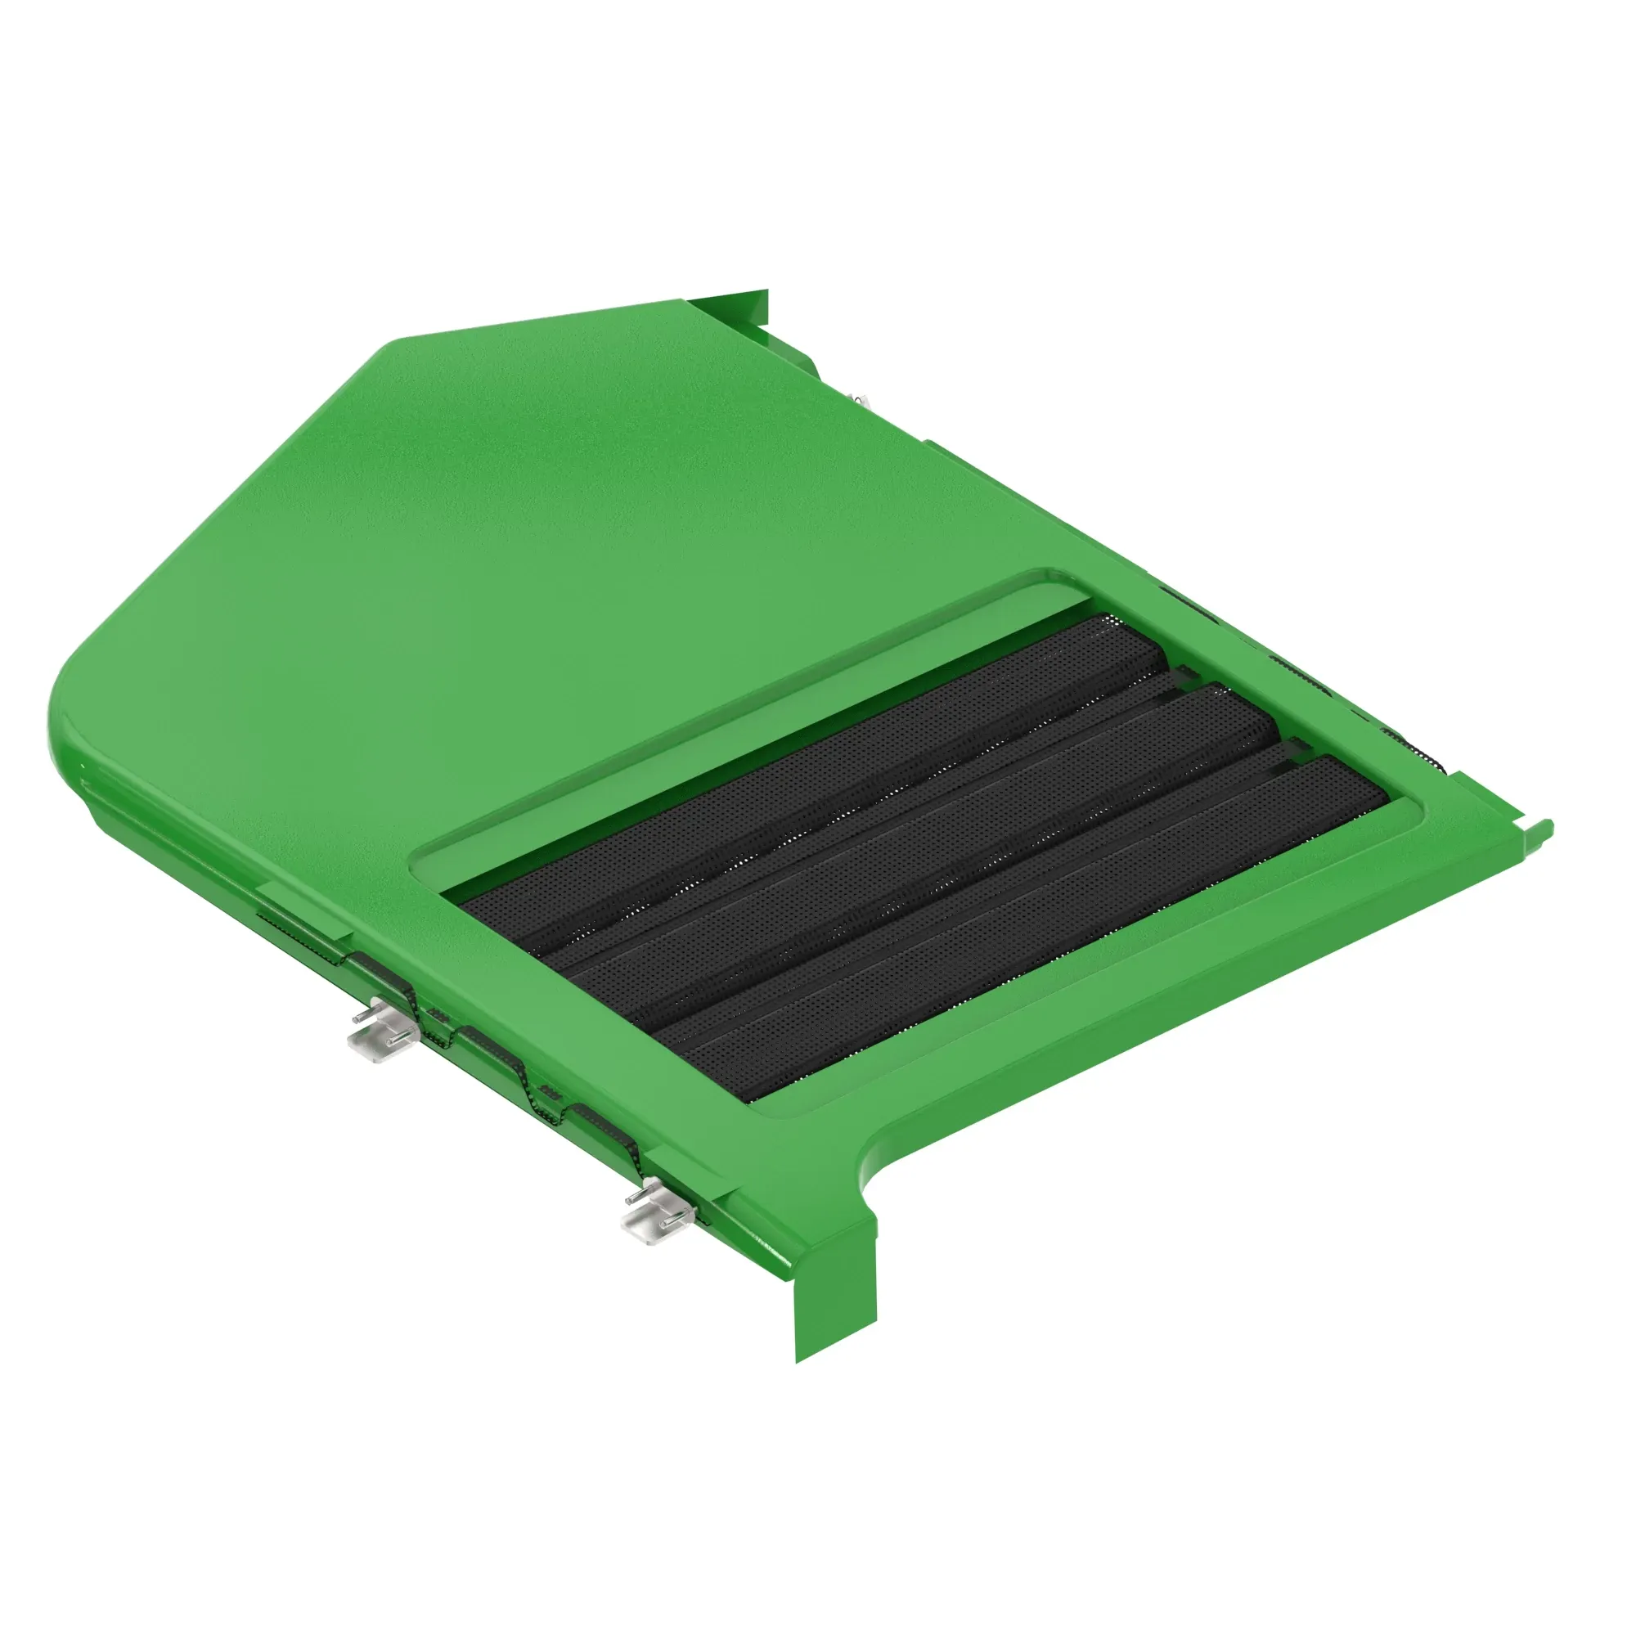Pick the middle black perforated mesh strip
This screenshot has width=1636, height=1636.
pos(923,856)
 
